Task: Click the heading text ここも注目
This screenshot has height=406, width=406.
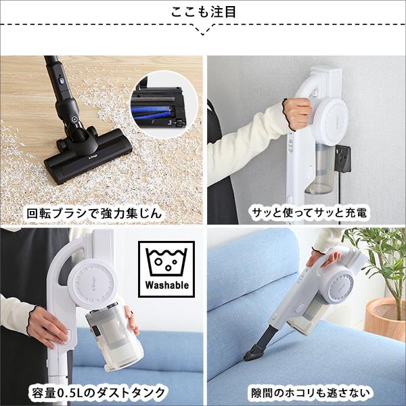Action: [x=203, y=13]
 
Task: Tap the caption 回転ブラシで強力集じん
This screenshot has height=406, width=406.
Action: [x=101, y=212]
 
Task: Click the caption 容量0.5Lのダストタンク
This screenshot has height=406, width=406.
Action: [x=101, y=392]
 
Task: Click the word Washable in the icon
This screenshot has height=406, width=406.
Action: [x=167, y=286]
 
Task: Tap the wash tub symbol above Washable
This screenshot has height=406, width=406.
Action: [x=166, y=261]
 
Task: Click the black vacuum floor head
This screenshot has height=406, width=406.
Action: [x=95, y=156]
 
